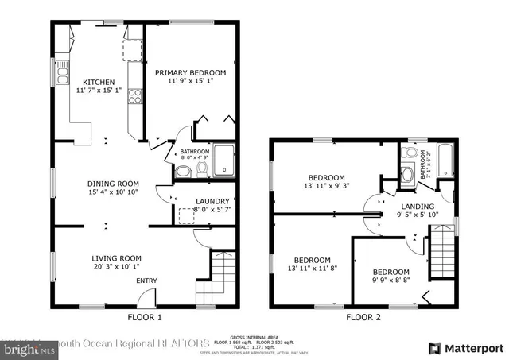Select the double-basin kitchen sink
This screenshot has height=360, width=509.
tap(64, 76)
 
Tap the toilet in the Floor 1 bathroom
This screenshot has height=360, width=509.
tap(201, 168)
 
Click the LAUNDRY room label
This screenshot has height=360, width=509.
tap(213, 202)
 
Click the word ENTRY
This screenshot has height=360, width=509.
tap(146, 281)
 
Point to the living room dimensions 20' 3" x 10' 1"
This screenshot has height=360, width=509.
tap(116, 266)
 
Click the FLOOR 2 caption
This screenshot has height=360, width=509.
tap(363, 318)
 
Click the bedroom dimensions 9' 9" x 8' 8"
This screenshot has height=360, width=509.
tap(391, 280)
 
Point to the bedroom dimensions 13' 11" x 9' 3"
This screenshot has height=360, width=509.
tap(327, 186)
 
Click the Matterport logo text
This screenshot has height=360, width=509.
tap(473, 348)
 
